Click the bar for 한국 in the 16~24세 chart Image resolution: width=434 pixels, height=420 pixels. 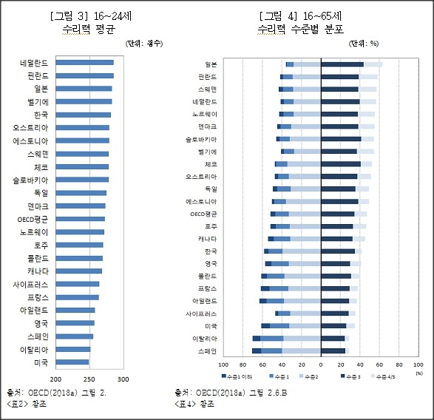[x=83, y=115]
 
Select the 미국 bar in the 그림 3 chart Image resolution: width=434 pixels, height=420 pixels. [x=72, y=362]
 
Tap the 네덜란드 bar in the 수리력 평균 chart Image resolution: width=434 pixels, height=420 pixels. [x=84, y=63]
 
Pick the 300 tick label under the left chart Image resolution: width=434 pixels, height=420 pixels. [x=123, y=379]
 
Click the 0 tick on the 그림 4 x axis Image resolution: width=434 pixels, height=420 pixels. [x=321, y=365]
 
